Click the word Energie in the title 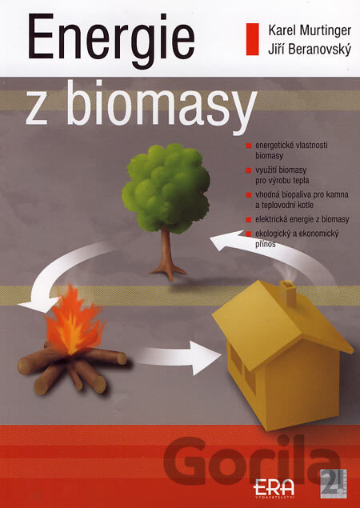coord(112,40)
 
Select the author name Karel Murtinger coord(310,31)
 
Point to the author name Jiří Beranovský coord(310,50)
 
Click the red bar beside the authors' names coord(253,39)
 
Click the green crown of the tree coord(166,188)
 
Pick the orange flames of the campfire coord(74,321)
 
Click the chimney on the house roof coord(288,294)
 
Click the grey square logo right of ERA coord(334,483)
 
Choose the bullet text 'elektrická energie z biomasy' coord(302,220)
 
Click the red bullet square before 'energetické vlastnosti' coord(249,146)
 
